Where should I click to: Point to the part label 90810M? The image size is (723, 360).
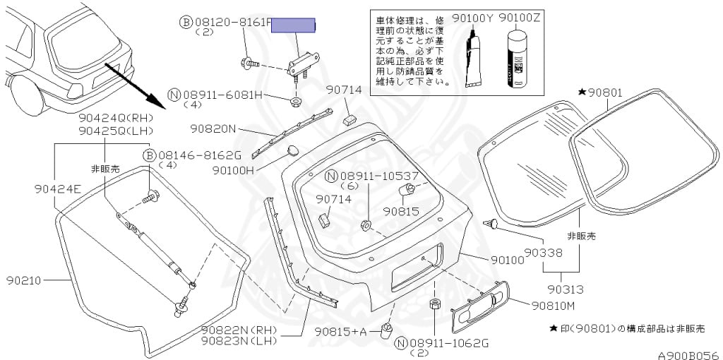pyautogui.click(x=553, y=305)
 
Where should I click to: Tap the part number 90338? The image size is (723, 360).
pyautogui.click(x=544, y=251)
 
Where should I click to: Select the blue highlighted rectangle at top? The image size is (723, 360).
pyautogui.click(x=294, y=25)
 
